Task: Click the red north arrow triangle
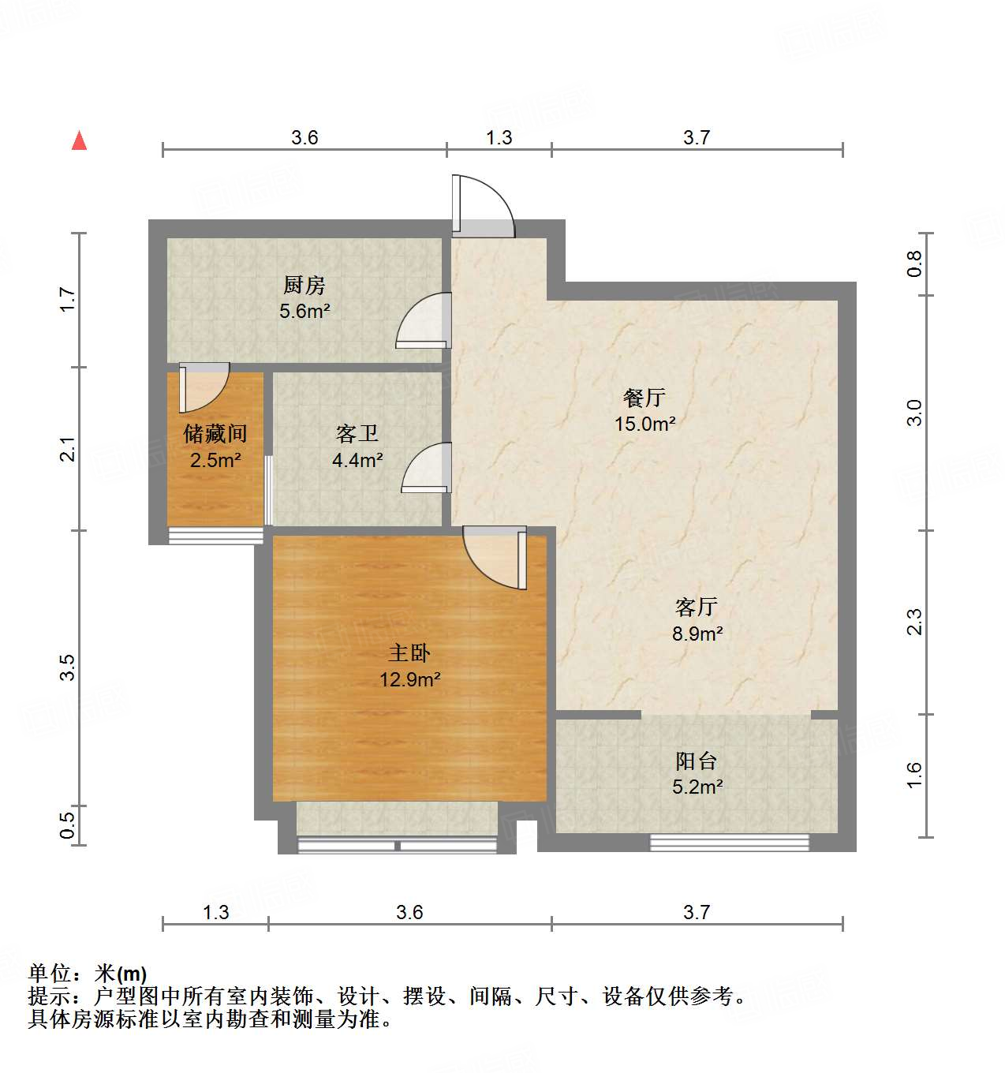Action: click(79, 140)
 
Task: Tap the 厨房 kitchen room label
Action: click(304, 285)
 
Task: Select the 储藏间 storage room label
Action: click(215, 433)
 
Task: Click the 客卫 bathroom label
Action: click(357, 433)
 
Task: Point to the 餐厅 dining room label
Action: click(644, 398)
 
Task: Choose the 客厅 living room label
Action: click(697, 607)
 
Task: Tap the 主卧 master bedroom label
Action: click(409, 653)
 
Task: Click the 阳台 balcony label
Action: click(697, 761)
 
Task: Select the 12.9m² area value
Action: click(409, 679)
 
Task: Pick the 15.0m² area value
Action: click(644, 424)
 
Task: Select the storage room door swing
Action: click(203, 386)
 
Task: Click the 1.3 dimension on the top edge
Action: click(499, 137)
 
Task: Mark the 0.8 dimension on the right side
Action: click(913, 263)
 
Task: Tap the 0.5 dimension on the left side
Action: click(67, 824)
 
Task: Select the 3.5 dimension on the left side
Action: click(67, 667)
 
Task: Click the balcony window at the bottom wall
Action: click(729, 842)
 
